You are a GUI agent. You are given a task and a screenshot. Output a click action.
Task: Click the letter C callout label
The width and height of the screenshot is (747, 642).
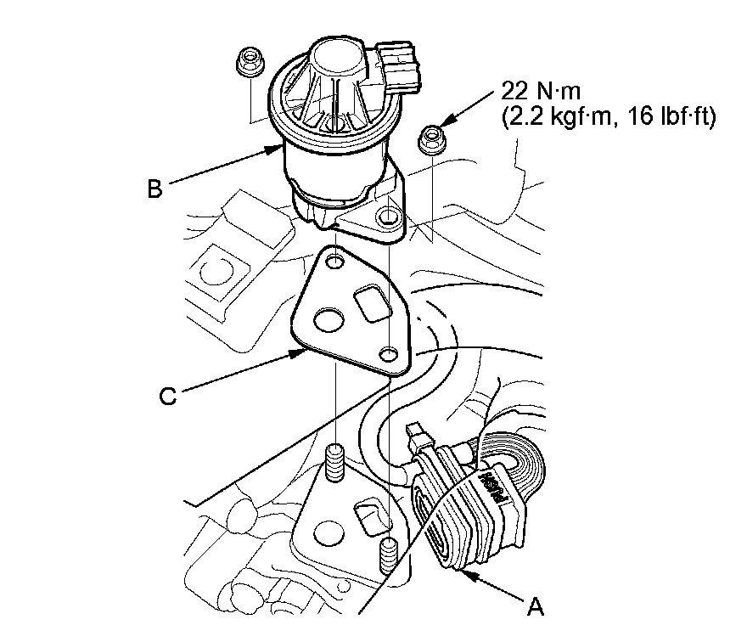click(x=168, y=396)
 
